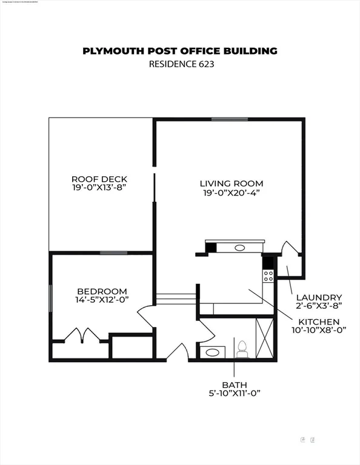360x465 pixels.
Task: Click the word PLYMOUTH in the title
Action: [x=113, y=51]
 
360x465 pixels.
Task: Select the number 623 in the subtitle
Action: [x=202, y=64]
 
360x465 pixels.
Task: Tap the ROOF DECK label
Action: [x=99, y=179]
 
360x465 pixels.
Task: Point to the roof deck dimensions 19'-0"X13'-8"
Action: [x=99, y=188]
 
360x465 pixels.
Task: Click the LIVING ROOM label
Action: [x=232, y=183]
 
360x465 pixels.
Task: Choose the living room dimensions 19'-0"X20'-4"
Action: [x=232, y=193]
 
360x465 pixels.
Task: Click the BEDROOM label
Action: [x=101, y=291]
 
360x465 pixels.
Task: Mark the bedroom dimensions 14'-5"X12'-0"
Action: [x=101, y=300]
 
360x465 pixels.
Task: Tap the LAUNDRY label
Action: [x=319, y=297]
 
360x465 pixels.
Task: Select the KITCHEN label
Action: [x=318, y=322]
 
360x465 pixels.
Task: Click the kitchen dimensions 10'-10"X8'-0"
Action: [x=319, y=331]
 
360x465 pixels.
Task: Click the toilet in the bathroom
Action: [x=242, y=349]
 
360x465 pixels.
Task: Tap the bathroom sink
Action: [x=213, y=352]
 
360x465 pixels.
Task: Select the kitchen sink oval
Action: [x=239, y=247]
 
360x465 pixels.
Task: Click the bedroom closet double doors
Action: [x=81, y=335]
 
